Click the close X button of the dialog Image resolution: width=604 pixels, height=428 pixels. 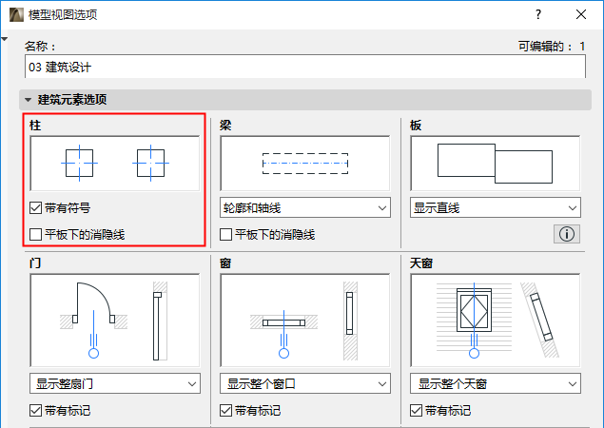(581, 14)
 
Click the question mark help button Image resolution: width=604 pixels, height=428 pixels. (538, 14)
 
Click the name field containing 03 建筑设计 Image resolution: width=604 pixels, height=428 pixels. (305, 67)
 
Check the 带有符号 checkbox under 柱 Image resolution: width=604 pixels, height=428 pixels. (35, 208)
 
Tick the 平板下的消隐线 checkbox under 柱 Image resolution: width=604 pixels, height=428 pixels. (35, 234)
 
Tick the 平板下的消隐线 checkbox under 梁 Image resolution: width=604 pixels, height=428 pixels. (225, 234)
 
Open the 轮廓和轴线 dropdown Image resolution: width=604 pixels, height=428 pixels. (305, 208)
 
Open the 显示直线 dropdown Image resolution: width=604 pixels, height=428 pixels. (496, 208)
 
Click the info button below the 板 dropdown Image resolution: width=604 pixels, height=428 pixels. (567, 234)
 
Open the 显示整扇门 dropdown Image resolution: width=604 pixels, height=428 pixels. (115, 383)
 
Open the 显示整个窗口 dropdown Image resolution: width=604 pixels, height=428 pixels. (305, 383)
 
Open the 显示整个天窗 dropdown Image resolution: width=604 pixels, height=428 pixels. (496, 383)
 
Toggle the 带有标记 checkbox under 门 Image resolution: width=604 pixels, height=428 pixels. (35, 410)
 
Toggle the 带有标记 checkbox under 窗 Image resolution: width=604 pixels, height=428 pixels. (225, 410)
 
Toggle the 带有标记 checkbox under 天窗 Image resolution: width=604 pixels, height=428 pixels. (416, 410)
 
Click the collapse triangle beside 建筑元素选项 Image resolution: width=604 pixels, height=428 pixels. (29, 100)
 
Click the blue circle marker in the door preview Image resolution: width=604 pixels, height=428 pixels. (93, 353)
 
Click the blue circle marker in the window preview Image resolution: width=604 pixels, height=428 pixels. (283, 353)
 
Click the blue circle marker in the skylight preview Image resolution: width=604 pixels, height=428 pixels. (475, 353)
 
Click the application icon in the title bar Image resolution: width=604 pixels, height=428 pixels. (16, 14)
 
